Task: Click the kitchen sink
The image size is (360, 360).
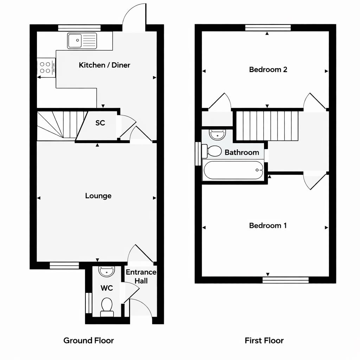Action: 82,40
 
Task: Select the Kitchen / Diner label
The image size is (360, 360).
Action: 104,65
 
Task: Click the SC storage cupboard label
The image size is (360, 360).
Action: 100,123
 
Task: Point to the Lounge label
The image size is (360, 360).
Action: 98,196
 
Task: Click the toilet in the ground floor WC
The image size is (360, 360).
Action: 107,305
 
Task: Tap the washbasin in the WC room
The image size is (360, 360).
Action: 107,271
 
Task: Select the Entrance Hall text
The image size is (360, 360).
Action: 141,276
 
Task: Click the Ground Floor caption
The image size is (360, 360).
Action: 89,340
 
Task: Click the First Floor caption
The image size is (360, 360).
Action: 264,340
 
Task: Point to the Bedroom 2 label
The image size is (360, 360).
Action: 268,70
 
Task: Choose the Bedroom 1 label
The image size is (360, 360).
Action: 268,226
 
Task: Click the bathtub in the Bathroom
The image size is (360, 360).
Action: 233,170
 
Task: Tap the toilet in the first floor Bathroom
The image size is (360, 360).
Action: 212,151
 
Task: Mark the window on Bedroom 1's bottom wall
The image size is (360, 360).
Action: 285,280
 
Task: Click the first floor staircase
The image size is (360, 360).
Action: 267,126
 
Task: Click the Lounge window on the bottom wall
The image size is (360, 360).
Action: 64,265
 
